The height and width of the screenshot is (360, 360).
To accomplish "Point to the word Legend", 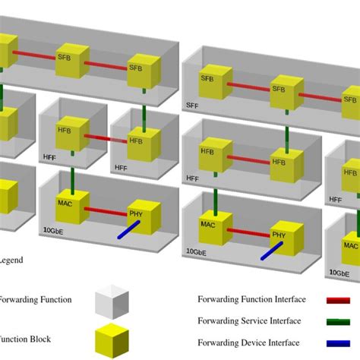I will (11, 260).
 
